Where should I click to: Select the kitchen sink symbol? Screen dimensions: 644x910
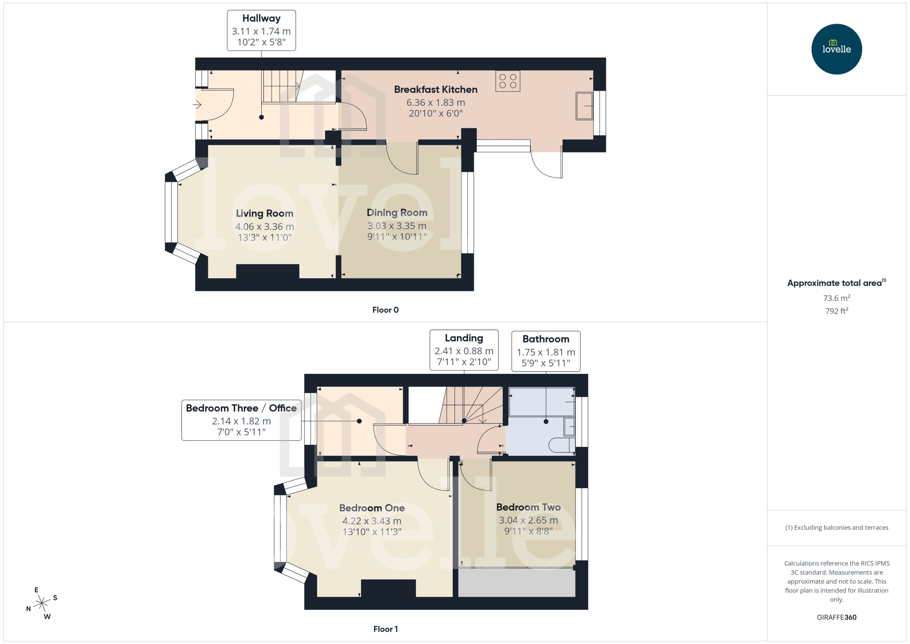pos(584,106)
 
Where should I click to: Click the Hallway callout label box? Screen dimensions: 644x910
pos(261,30)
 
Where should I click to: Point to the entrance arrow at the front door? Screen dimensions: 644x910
pos(197,105)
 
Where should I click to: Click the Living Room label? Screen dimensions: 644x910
pos(264,213)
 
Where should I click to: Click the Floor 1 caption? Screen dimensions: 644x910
pos(385,629)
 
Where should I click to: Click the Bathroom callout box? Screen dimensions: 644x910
pos(545,351)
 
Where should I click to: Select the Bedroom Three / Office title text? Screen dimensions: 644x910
pos(241,408)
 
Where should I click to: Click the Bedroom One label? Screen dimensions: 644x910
pos(372,508)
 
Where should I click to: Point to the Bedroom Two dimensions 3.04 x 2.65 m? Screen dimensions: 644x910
pos(528,520)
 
